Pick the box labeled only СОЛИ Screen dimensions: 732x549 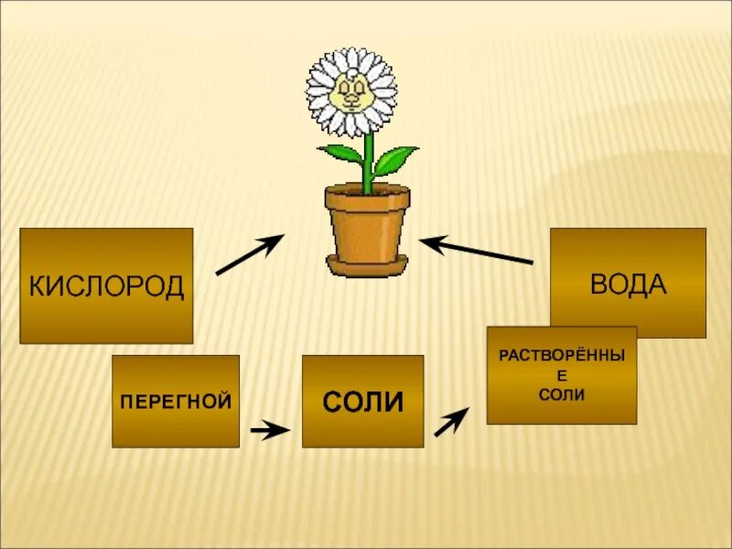click(x=362, y=402)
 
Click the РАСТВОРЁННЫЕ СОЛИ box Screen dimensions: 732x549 click(x=561, y=375)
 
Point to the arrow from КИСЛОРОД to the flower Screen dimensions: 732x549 click(x=249, y=253)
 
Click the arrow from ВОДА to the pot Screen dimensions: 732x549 click(x=477, y=251)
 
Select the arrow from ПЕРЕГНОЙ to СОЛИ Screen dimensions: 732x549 click(x=269, y=429)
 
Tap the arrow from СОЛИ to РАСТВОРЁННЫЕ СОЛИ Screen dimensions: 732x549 click(x=451, y=422)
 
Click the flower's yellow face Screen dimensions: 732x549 click(x=351, y=91)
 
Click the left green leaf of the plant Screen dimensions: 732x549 click(x=341, y=154)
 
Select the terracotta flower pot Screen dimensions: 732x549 click(x=367, y=224)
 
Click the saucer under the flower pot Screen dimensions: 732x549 click(x=367, y=268)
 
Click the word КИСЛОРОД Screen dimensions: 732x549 click(x=106, y=286)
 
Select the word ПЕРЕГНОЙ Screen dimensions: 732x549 click(x=176, y=401)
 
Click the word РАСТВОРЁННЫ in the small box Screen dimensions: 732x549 click(x=562, y=353)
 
